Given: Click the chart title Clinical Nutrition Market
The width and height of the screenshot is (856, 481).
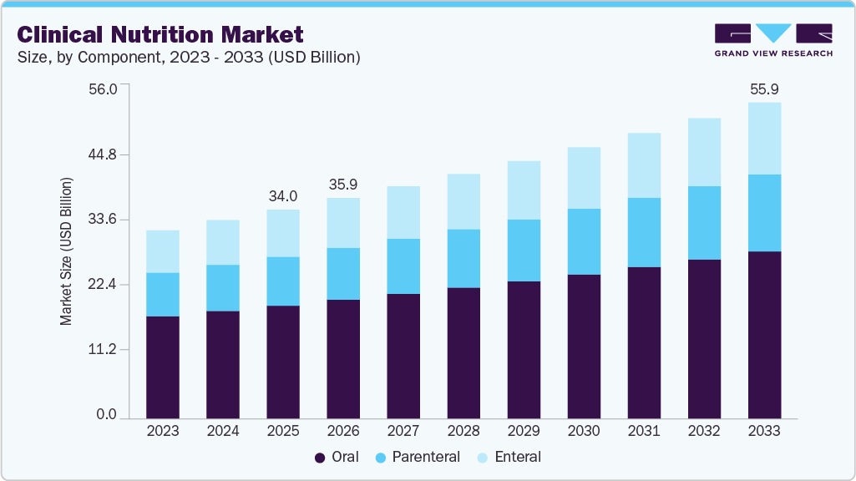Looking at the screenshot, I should click(160, 34).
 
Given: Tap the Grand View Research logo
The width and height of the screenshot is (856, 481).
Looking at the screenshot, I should click(773, 40).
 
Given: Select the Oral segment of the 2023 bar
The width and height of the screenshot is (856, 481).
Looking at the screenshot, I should click(163, 367).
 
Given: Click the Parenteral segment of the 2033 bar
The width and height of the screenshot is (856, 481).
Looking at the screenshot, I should click(764, 213).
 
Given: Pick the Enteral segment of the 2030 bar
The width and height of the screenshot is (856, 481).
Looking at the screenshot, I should click(584, 178).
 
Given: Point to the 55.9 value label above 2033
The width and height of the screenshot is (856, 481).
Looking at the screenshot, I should click(764, 89).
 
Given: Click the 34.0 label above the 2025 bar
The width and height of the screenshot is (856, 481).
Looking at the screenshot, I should click(283, 196).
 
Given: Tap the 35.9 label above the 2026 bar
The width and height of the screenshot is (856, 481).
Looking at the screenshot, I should click(343, 185).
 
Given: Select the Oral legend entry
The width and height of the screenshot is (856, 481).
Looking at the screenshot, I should click(337, 457).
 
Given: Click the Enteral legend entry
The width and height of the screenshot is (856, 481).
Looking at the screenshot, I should click(509, 457).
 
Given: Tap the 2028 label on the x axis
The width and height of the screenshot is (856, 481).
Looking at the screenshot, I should click(463, 431).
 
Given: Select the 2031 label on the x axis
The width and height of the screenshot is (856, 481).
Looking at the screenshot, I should click(644, 431).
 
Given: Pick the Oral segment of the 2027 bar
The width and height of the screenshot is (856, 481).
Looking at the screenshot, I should click(403, 356).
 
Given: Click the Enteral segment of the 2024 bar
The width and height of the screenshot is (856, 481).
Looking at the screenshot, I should click(223, 242).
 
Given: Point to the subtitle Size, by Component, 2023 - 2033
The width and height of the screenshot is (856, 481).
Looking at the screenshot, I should click(189, 57).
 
